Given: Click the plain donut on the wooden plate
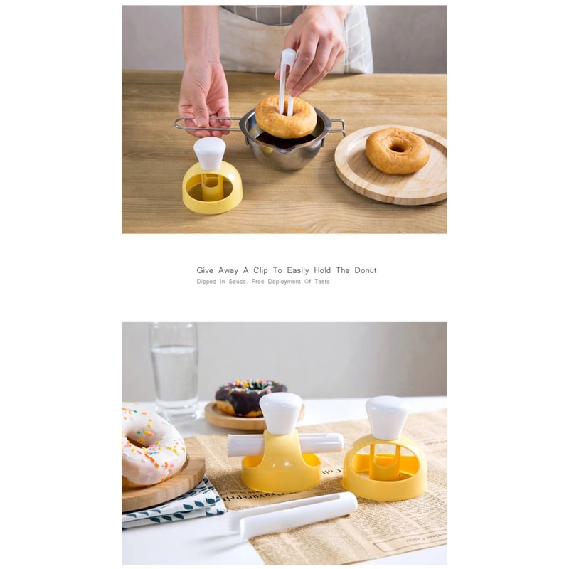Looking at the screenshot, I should pyautogui.click(x=397, y=150).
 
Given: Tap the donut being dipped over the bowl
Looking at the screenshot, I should pyautogui.click(x=285, y=117).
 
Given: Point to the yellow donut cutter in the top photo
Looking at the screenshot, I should pyautogui.click(x=212, y=189).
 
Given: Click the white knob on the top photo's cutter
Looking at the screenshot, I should pyautogui.click(x=210, y=151).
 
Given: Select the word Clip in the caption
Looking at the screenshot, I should pyautogui.click(x=260, y=270).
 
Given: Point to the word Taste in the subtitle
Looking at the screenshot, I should pyautogui.click(x=319, y=282).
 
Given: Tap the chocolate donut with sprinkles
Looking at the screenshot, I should pyautogui.click(x=250, y=397).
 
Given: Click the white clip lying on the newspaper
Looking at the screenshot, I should pyautogui.click(x=293, y=514).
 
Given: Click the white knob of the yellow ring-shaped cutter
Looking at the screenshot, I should pyautogui.click(x=387, y=417).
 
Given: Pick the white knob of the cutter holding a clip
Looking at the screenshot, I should pyautogui.click(x=280, y=412).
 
